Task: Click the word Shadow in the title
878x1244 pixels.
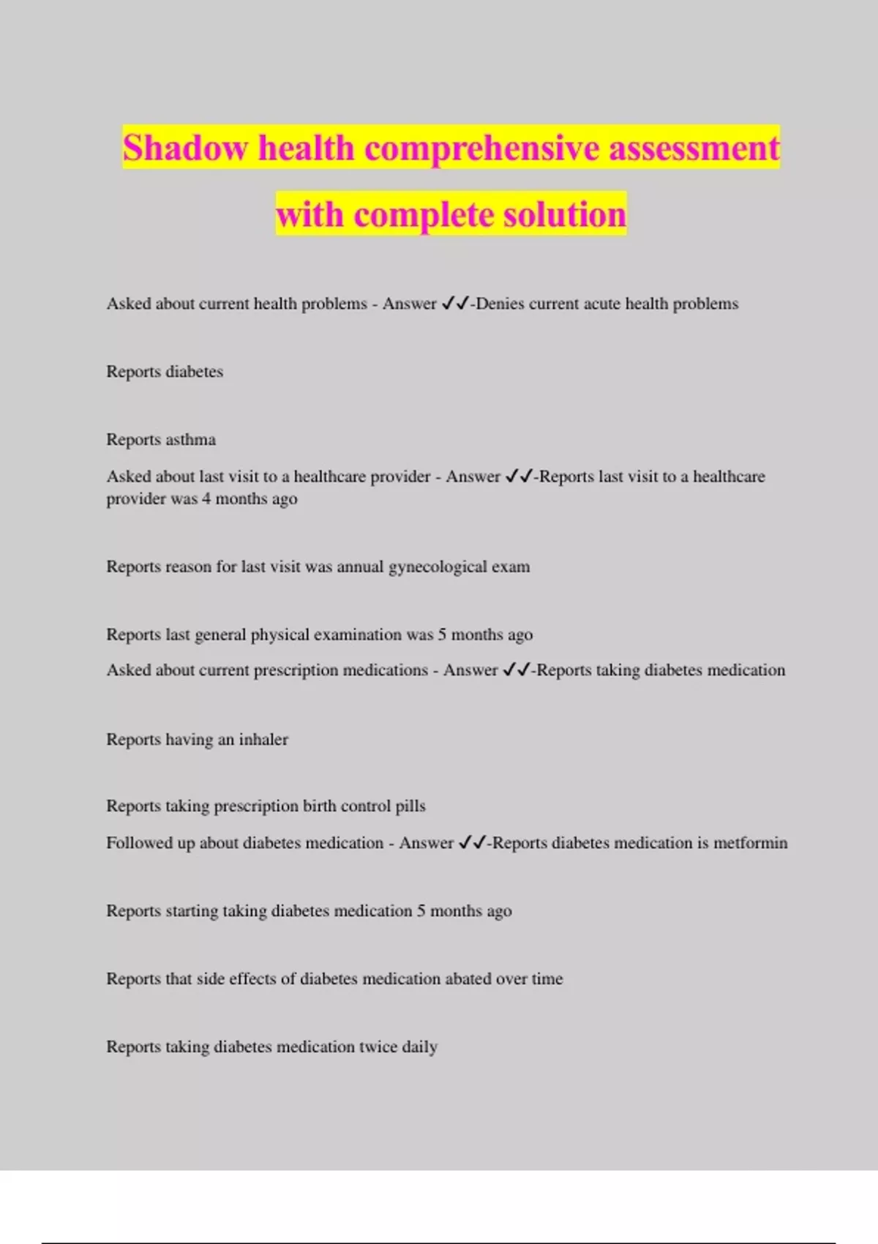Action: (186, 148)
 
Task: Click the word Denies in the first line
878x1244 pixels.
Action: (500, 304)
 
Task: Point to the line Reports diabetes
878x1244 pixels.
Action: (165, 372)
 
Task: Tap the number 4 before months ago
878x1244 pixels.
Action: (206, 499)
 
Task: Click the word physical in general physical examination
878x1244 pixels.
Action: (282, 635)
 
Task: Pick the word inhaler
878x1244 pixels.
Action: (263, 740)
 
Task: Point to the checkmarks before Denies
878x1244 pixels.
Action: (455, 304)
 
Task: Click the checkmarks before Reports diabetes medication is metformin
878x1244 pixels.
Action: (472, 843)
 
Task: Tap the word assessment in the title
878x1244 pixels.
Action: (694, 148)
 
